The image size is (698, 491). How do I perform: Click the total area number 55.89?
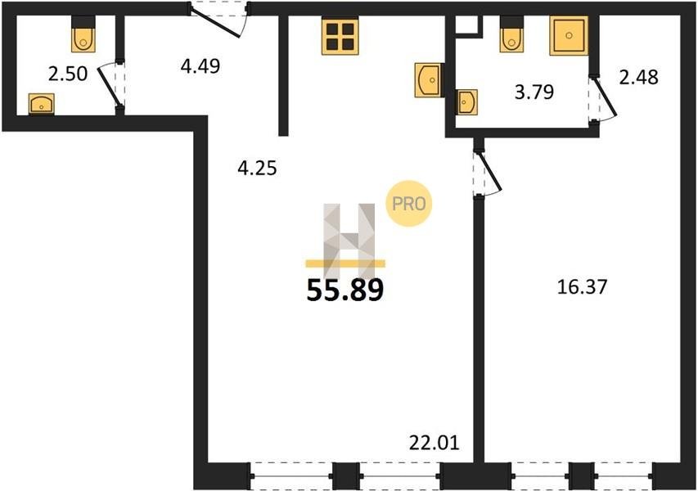(345, 291)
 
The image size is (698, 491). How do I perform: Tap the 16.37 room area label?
(583, 287)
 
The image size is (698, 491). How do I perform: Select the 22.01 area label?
(434, 443)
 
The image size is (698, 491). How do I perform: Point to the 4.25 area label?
(257, 169)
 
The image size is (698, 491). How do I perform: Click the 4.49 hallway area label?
(200, 66)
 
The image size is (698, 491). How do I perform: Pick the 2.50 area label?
(68, 74)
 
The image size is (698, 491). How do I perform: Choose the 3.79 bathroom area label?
(534, 92)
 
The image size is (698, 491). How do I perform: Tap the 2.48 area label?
(638, 77)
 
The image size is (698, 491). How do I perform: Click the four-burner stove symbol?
(340, 37)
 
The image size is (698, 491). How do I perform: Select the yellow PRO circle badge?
(408, 204)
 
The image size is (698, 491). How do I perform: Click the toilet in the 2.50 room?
(83, 34)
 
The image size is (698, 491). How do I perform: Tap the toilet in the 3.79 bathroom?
(511, 34)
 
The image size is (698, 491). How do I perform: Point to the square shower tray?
(569, 36)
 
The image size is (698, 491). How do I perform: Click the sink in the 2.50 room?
(42, 105)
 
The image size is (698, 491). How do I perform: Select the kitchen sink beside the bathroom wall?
(429, 80)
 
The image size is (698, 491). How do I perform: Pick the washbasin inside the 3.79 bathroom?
(467, 102)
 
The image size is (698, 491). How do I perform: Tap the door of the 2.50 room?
(110, 86)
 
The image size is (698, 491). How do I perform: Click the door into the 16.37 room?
(487, 171)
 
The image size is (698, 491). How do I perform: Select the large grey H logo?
(349, 241)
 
